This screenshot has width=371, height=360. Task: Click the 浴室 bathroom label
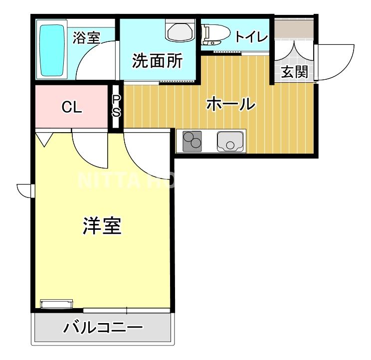pos(86,38)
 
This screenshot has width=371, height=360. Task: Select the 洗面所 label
pos(157,61)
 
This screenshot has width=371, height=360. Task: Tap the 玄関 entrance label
pos(294,72)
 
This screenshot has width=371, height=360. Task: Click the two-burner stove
pos(192,141)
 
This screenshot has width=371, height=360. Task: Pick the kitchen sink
pos(231,141)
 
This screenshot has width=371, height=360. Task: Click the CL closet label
pos(72,107)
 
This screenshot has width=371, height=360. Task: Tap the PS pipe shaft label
pos(116,106)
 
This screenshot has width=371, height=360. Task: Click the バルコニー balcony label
pos(103,329)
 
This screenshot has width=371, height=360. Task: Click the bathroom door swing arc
pos(95,62)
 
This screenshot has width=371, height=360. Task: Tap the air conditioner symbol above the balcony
pos(56,304)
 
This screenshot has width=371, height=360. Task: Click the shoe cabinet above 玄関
pos(294,29)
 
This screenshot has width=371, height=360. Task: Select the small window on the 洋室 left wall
pos(25,190)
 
